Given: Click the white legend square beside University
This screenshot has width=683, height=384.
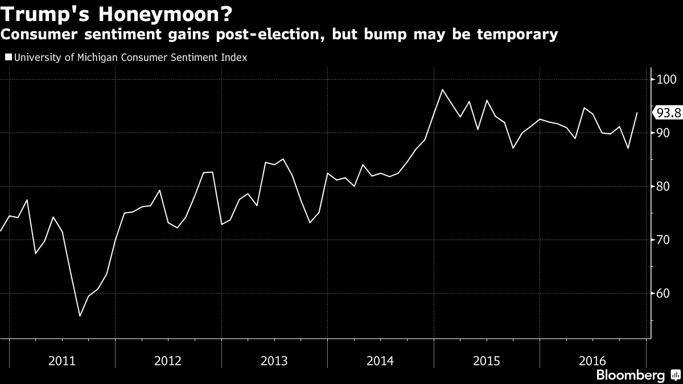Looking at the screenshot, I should click(x=8, y=57).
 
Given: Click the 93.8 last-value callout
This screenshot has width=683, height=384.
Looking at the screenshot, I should click(x=668, y=113).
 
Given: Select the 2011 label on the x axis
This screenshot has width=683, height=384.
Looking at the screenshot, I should click(x=61, y=361).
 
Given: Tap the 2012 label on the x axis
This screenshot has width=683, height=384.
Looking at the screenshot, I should click(x=168, y=361).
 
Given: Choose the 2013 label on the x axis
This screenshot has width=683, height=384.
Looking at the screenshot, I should click(x=274, y=361).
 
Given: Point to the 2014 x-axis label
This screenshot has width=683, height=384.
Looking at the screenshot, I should click(x=380, y=361).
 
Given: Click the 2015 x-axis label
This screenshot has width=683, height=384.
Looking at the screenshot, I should click(x=486, y=361).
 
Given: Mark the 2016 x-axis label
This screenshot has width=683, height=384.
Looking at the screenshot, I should click(x=592, y=361).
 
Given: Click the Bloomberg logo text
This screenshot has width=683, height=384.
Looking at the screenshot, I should click(x=630, y=375).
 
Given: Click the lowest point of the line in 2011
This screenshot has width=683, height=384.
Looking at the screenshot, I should click(x=80, y=316).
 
